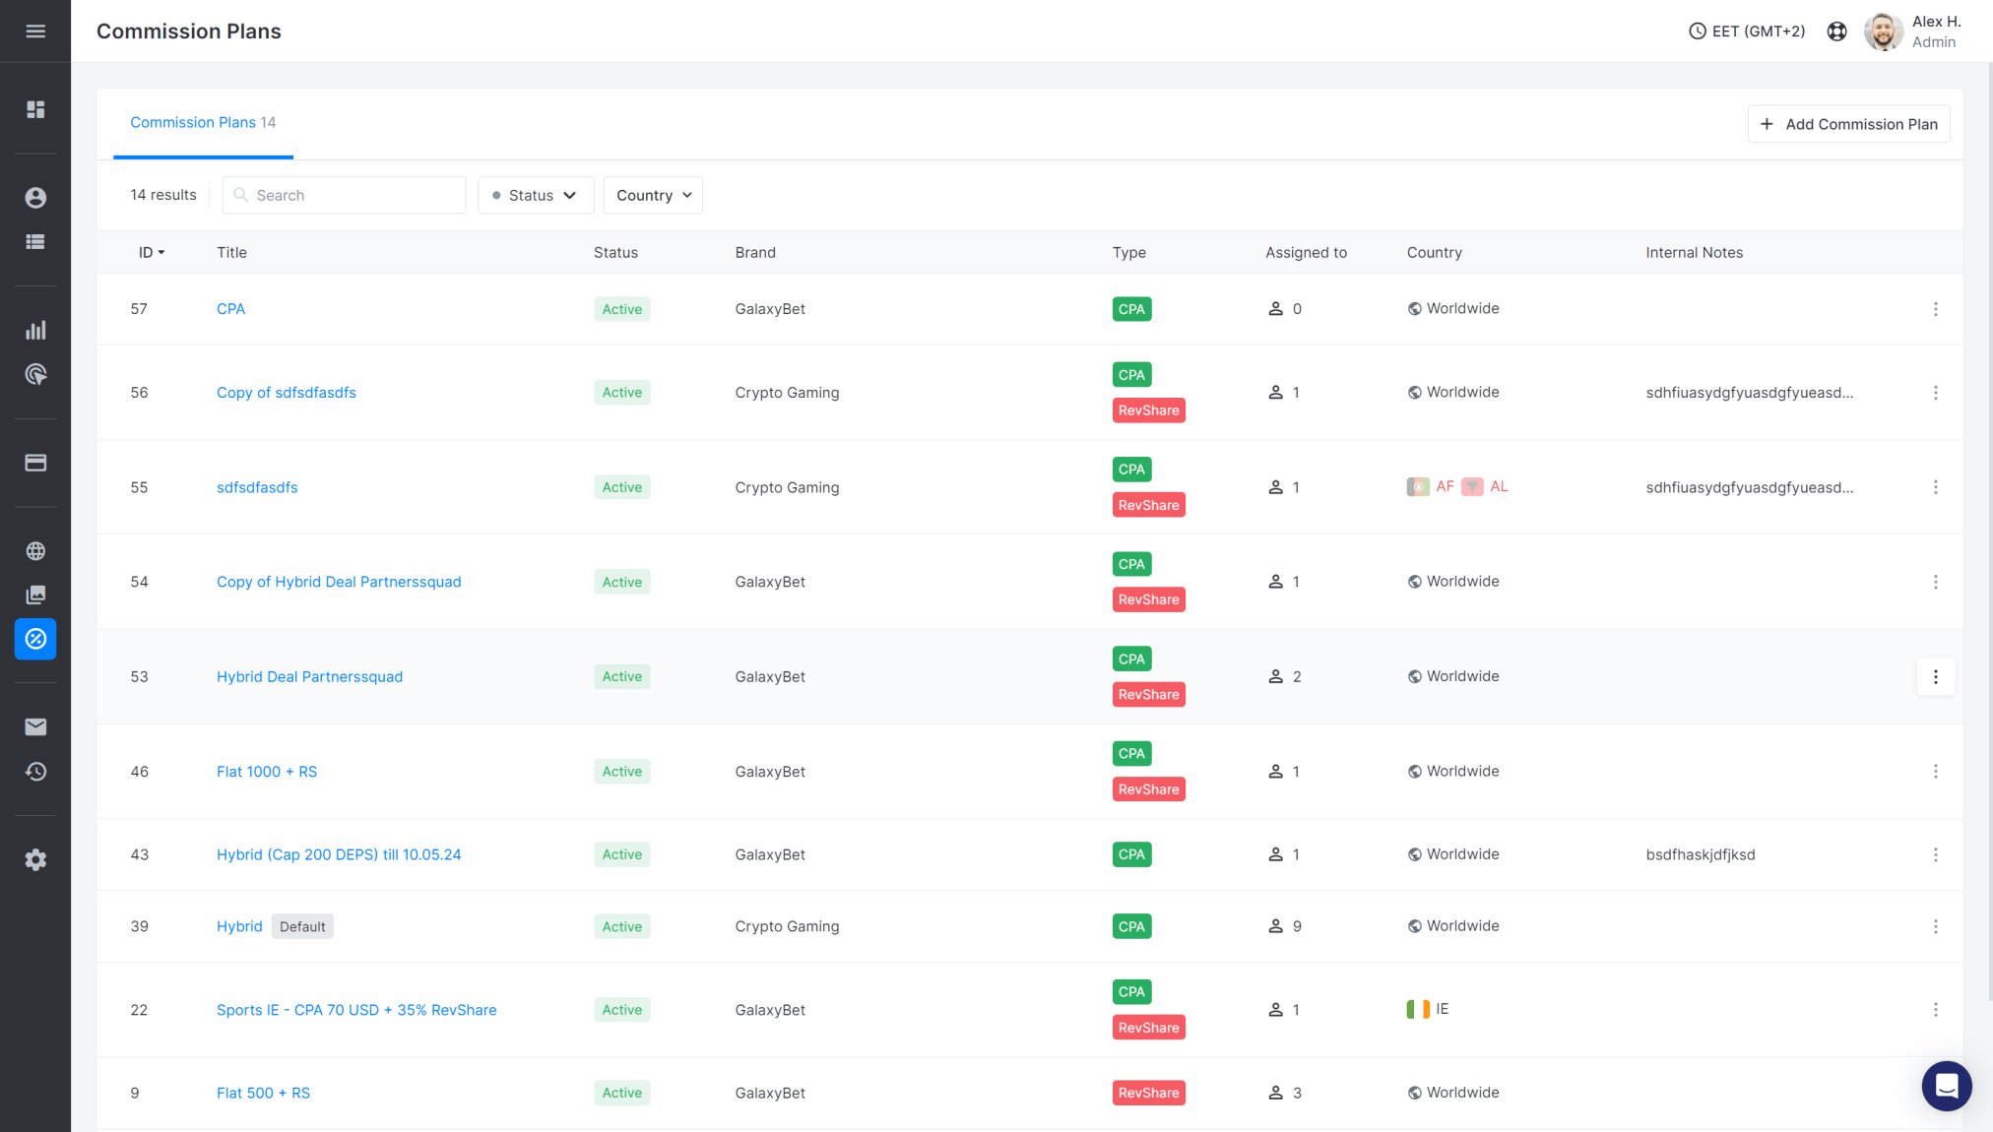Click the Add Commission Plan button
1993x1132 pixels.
1848,124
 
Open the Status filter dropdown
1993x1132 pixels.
535,195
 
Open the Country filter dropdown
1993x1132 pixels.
653,195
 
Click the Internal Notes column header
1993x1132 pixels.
1694,253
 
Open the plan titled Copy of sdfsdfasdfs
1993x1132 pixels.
286,393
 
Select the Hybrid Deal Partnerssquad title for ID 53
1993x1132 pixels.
309,677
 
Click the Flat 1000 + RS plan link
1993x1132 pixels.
266,772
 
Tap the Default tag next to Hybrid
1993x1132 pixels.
302,927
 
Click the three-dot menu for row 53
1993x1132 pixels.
1935,677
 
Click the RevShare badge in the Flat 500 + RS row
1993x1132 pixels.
1148,1094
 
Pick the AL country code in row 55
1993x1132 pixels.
1498,487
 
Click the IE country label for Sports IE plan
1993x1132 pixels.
1442,1009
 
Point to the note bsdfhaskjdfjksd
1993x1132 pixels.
1700,855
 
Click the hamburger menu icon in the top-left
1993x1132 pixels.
35,31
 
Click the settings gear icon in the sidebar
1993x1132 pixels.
35,860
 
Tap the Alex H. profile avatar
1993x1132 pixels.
1883,31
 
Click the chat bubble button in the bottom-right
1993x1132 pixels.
1946,1086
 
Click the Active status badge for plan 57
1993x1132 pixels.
621,309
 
